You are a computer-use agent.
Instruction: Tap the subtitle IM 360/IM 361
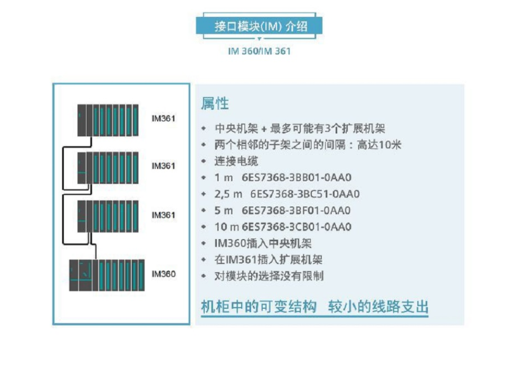(259, 52)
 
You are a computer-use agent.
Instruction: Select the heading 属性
(215, 103)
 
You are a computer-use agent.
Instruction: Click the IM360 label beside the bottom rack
(164, 274)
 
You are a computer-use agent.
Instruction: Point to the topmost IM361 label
(164, 118)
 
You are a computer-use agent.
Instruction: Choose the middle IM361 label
(164, 166)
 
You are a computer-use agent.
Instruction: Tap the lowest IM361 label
(164, 215)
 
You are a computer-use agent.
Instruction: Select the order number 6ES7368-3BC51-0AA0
(306, 194)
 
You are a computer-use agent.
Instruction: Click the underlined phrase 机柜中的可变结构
(259, 307)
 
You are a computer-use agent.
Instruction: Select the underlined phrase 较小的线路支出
(378, 307)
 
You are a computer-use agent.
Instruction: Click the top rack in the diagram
(108, 120)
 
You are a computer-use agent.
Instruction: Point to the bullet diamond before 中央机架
(204, 129)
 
